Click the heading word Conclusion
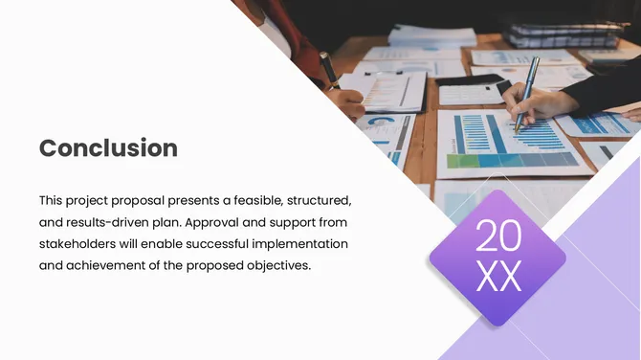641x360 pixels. point(108,148)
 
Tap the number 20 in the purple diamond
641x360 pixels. point(497,236)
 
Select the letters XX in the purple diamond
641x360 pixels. point(497,277)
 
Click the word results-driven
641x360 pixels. point(110,223)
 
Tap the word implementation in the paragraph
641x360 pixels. point(307,244)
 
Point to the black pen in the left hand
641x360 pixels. point(329,69)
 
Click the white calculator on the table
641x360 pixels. point(470,93)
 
